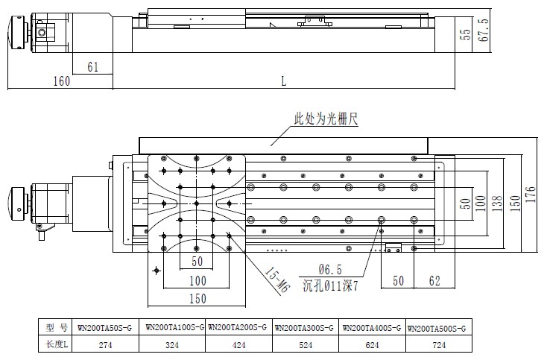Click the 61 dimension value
click(x=92, y=66)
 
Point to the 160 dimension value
click(x=61, y=81)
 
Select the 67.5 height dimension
click(x=483, y=31)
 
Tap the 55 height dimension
click(x=465, y=34)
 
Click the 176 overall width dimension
click(x=530, y=195)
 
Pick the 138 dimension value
click(x=498, y=203)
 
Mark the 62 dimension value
click(x=434, y=281)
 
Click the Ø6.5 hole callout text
click(x=330, y=269)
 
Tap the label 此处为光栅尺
click(x=326, y=119)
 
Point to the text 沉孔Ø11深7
click(x=330, y=286)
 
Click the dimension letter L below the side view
click(x=284, y=82)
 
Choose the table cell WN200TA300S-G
click(x=304, y=327)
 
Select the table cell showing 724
click(x=439, y=345)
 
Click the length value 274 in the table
click(x=105, y=345)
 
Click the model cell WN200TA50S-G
click(x=104, y=328)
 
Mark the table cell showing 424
click(x=238, y=345)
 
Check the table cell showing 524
click(x=306, y=345)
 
